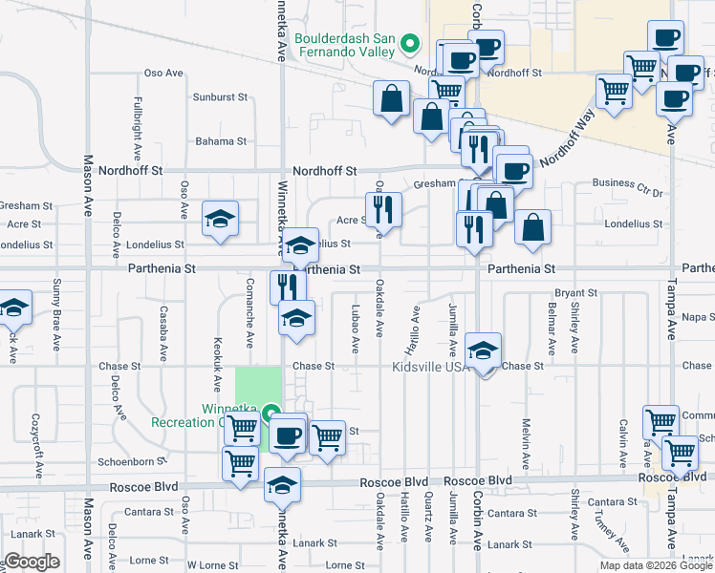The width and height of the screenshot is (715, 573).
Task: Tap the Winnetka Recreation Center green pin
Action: click(x=271, y=414)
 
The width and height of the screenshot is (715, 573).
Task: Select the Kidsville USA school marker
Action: click(x=484, y=350)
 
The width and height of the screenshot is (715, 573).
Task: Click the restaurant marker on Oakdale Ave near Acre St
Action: click(x=381, y=208)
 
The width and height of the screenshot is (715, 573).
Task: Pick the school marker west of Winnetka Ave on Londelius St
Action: click(x=220, y=220)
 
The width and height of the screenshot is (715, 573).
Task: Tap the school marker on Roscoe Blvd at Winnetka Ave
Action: click(x=282, y=484)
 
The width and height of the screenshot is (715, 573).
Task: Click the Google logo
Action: click(x=32, y=562)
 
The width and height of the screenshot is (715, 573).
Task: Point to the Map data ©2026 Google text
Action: click(x=656, y=565)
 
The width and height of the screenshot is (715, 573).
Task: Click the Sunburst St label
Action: click(x=220, y=97)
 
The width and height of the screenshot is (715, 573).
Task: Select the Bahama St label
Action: click(x=221, y=141)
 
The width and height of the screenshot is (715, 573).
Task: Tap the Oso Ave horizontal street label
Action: click(x=162, y=73)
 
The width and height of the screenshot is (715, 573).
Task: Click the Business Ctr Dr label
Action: click(x=627, y=182)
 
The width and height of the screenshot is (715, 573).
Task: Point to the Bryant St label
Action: click(x=576, y=293)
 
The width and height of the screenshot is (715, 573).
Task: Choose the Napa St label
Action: click(x=699, y=316)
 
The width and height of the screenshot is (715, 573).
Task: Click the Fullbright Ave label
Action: click(x=138, y=127)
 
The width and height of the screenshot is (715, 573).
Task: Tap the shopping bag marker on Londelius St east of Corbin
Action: click(x=532, y=227)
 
